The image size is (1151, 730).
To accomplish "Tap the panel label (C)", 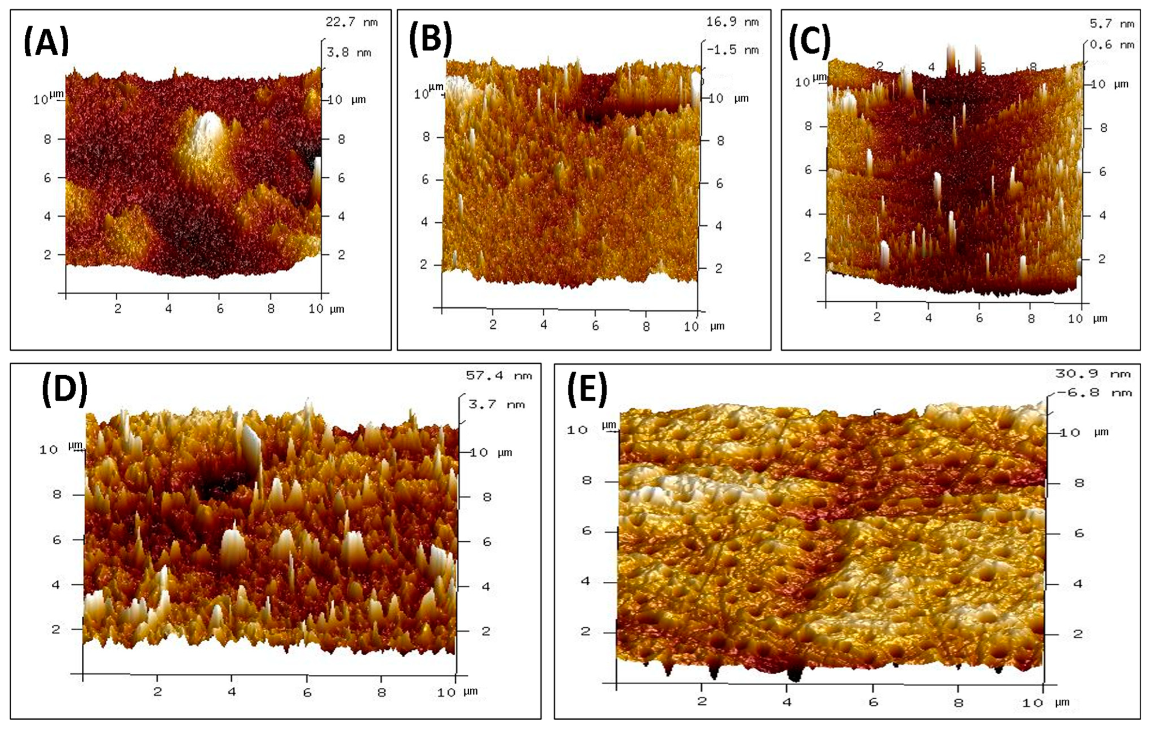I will [x=810, y=41].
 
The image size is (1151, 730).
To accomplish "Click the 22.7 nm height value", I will [x=351, y=22].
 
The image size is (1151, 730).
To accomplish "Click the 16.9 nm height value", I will [x=732, y=21].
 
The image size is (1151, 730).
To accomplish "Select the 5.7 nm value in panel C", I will [x=1111, y=24].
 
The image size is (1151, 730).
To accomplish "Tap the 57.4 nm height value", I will [x=499, y=376].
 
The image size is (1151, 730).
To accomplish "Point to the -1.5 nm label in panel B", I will [x=733, y=50].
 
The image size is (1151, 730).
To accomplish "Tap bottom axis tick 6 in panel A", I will [x=220, y=309].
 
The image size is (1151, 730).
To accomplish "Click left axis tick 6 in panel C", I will [x=808, y=170].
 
